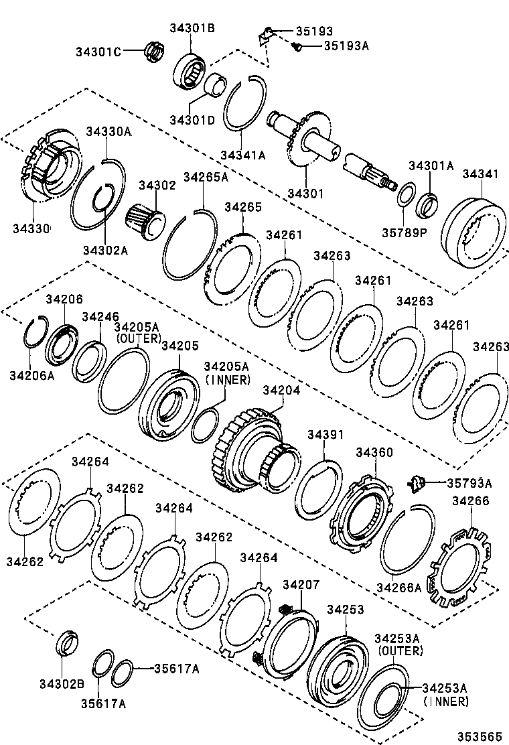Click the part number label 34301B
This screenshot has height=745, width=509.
click(x=192, y=28)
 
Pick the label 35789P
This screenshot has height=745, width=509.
click(x=404, y=232)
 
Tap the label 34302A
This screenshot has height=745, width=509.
click(x=105, y=250)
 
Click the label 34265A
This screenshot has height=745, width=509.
click(x=206, y=177)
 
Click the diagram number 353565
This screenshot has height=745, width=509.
click(x=480, y=735)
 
